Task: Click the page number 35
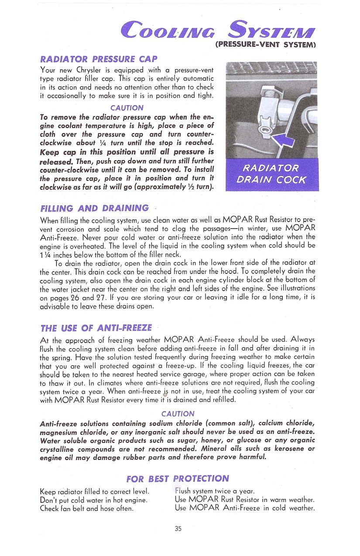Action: click(178, 529)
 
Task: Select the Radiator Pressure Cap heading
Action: click(99, 59)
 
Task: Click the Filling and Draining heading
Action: click(94, 208)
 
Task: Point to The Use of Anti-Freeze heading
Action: click(96, 328)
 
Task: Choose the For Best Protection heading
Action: click(177, 478)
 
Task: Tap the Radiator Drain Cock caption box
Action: click(271, 174)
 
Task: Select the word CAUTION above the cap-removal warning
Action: click(127, 108)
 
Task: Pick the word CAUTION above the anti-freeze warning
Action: click(178, 414)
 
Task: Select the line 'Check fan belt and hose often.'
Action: click(87, 508)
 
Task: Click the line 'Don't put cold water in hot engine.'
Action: click(93, 500)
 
